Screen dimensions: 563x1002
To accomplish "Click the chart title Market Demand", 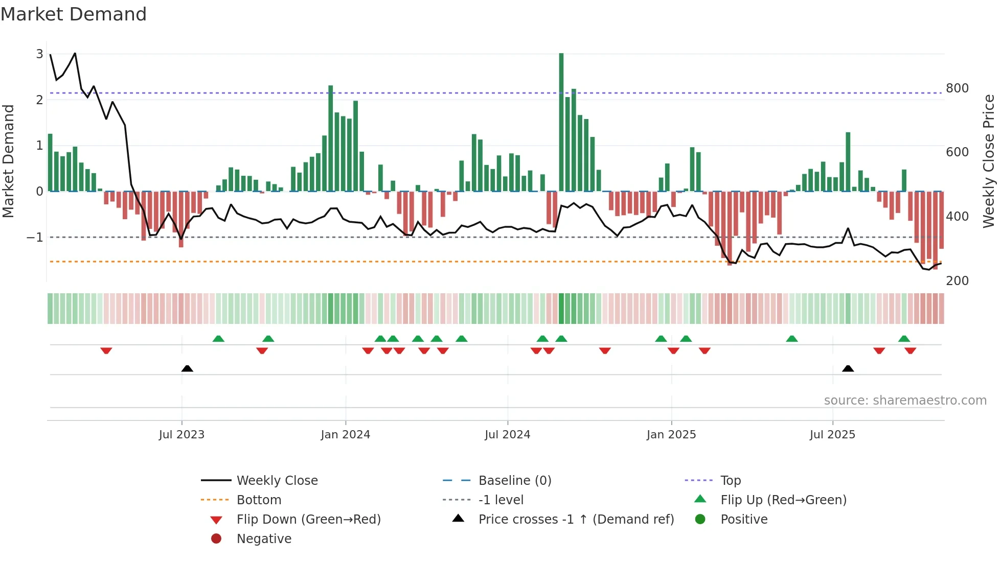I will (74, 14).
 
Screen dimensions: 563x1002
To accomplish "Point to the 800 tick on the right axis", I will (957, 88).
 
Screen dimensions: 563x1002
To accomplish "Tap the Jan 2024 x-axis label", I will (345, 435).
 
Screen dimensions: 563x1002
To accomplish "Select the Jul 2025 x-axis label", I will (832, 435).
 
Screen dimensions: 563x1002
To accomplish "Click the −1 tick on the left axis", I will (35, 238).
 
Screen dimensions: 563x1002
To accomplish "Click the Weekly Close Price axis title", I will (989, 161).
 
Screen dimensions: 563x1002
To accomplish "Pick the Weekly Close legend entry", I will (277, 481).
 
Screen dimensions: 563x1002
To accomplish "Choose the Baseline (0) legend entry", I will (514, 481).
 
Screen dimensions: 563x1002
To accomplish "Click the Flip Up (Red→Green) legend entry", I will (783, 500).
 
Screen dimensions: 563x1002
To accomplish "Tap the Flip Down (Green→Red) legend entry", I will (308, 520).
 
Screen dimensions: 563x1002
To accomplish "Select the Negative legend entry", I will (264, 539).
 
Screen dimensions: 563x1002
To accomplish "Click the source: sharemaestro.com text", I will (905, 401).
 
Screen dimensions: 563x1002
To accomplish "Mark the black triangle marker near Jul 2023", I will (187, 368).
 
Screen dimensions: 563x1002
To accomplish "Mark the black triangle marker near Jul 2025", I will (848, 368).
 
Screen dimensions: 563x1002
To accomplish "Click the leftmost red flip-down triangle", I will (106, 350).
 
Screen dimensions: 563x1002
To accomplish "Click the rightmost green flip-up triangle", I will (904, 339).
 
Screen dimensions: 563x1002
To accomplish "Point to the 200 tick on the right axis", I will (957, 281).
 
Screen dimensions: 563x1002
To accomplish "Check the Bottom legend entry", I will (259, 500).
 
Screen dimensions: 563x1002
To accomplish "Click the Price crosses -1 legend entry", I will (576, 520).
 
